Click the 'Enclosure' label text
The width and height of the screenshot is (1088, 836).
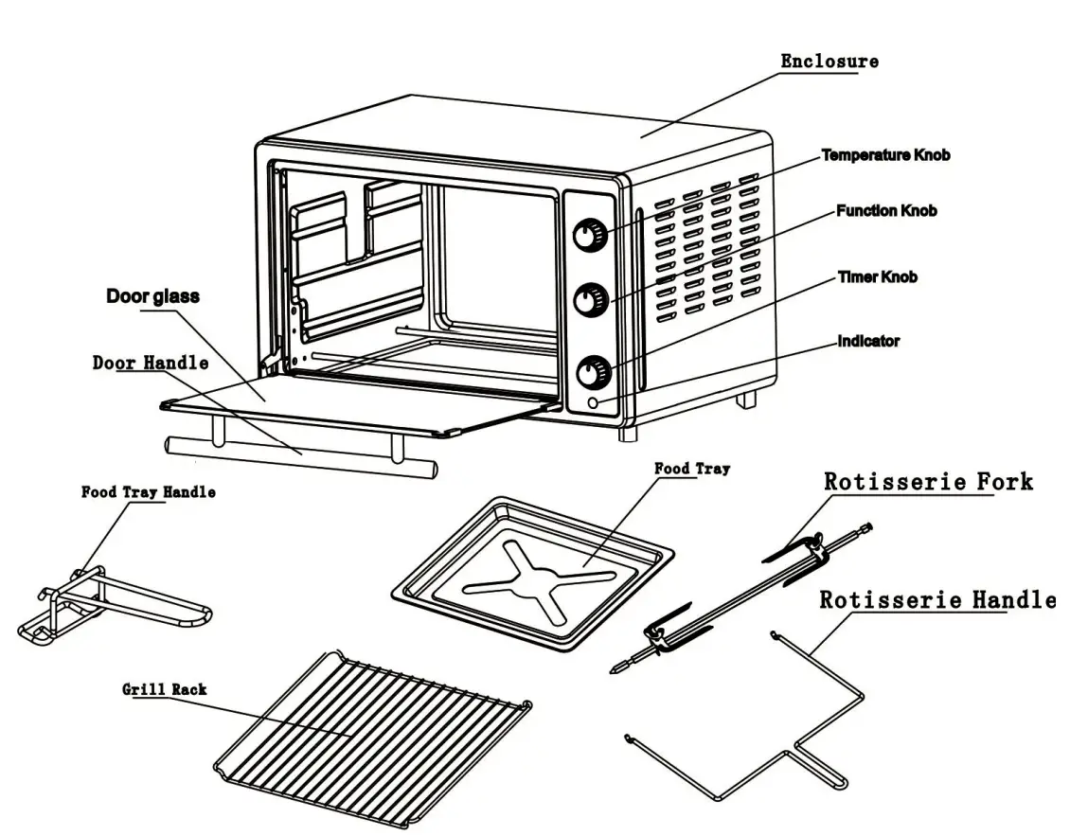click(829, 62)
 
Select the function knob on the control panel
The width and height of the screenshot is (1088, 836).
click(592, 298)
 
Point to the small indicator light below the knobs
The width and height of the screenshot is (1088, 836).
click(594, 404)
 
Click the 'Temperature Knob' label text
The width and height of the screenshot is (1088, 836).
click(884, 154)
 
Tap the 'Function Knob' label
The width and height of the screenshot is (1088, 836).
click(886, 210)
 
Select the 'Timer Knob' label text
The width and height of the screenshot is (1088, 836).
click(877, 277)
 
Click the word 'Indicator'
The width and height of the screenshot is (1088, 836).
click(868, 341)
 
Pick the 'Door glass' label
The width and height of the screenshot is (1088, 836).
click(152, 296)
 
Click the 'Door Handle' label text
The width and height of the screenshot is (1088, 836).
click(151, 363)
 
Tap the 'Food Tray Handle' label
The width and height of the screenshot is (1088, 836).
click(148, 492)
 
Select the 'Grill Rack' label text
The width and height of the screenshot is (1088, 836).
click(164, 689)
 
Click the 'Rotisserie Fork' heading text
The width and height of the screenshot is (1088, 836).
click(927, 481)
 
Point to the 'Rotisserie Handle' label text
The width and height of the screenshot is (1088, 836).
click(936, 599)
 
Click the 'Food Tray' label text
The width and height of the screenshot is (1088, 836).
click(692, 469)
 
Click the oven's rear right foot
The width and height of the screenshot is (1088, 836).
click(746, 400)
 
